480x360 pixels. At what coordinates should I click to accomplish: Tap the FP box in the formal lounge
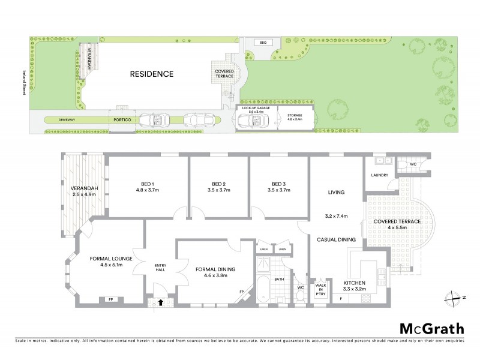(110, 299)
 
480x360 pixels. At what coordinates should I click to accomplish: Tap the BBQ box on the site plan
(263, 43)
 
